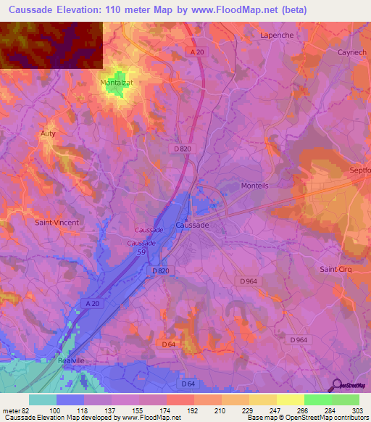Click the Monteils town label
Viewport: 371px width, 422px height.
coord(254,186)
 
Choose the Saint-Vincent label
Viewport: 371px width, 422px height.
coord(57,223)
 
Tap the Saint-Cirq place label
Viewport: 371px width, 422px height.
coord(336,269)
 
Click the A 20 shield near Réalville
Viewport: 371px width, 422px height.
coord(91,303)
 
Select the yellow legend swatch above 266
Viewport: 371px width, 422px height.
coord(290,400)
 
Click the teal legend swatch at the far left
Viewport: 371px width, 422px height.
coord(42,400)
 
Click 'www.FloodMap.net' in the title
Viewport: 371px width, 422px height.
coord(220,10)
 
